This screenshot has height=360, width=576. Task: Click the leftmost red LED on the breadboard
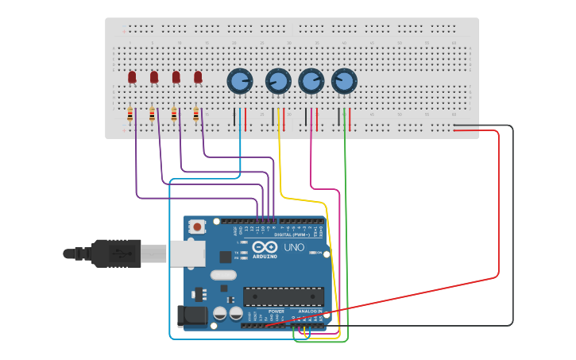[x=132, y=77]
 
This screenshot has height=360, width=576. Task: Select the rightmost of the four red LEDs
[x=198, y=77]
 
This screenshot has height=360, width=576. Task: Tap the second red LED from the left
[x=154, y=77]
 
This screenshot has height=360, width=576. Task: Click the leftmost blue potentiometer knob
[x=240, y=80]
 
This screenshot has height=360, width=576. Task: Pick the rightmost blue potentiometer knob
[x=343, y=80]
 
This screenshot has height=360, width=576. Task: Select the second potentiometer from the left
[x=277, y=80]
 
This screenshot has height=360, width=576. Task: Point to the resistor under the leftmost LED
[x=130, y=116]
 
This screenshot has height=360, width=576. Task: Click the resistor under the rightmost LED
[x=196, y=116]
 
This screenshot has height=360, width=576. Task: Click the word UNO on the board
[x=293, y=247]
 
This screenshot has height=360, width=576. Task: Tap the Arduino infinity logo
[x=265, y=247]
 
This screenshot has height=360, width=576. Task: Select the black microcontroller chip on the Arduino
[x=283, y=296]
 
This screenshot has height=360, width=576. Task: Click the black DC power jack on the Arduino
[x=191, y=317]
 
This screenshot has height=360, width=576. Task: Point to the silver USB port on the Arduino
[x=187, y=254]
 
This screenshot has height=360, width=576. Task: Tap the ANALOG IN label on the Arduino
[x=311, y=312]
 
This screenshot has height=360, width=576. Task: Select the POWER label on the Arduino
[x=276, y=312]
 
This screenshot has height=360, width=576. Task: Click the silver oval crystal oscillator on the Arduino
[x=224, y=275]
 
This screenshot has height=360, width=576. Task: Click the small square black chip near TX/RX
[x=225, y=257]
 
